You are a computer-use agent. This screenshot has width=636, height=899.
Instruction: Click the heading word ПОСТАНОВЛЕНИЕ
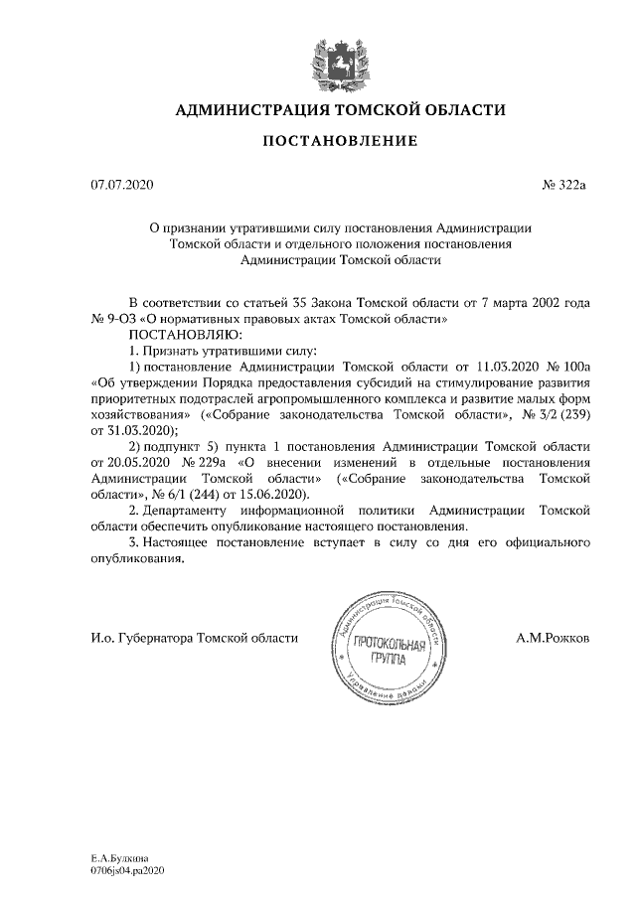(339, 143)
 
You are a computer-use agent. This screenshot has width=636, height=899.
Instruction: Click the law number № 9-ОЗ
(110, 320)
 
